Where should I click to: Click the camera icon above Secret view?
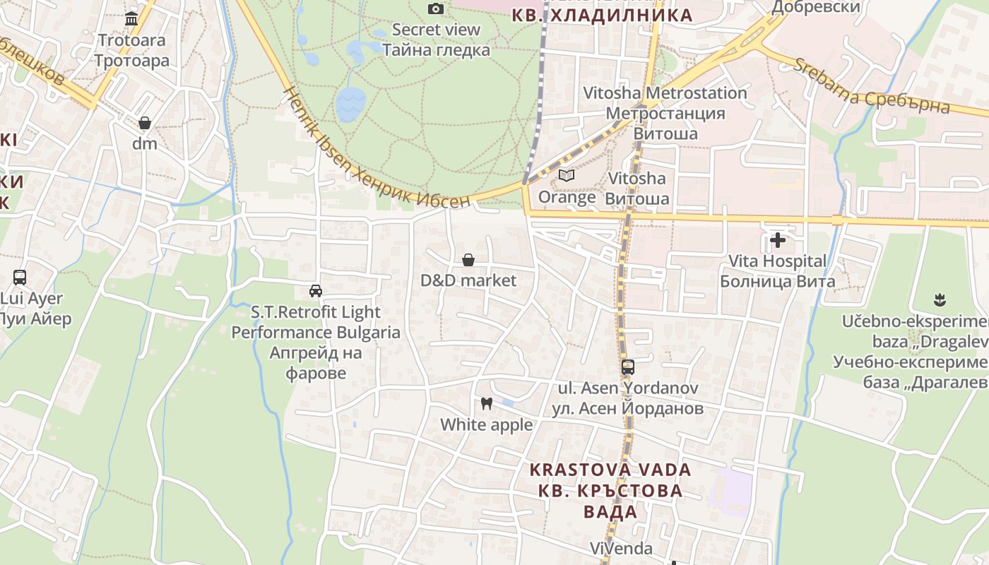[436, 8]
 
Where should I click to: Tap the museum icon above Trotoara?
[131, 18]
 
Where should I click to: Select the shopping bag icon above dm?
[145, 123]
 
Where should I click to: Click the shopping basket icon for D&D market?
[468, 260]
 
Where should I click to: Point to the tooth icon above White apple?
[486, 404]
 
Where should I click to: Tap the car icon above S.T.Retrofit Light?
[316, 290]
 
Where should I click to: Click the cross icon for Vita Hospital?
[778, 240]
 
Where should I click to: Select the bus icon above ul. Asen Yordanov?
[628, 367]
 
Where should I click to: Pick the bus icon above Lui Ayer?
[20, 278]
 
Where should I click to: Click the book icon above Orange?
[567, 175]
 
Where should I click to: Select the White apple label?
[487, 424]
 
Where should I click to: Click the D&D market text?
[468, 280]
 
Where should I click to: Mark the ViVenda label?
[621, 548]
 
